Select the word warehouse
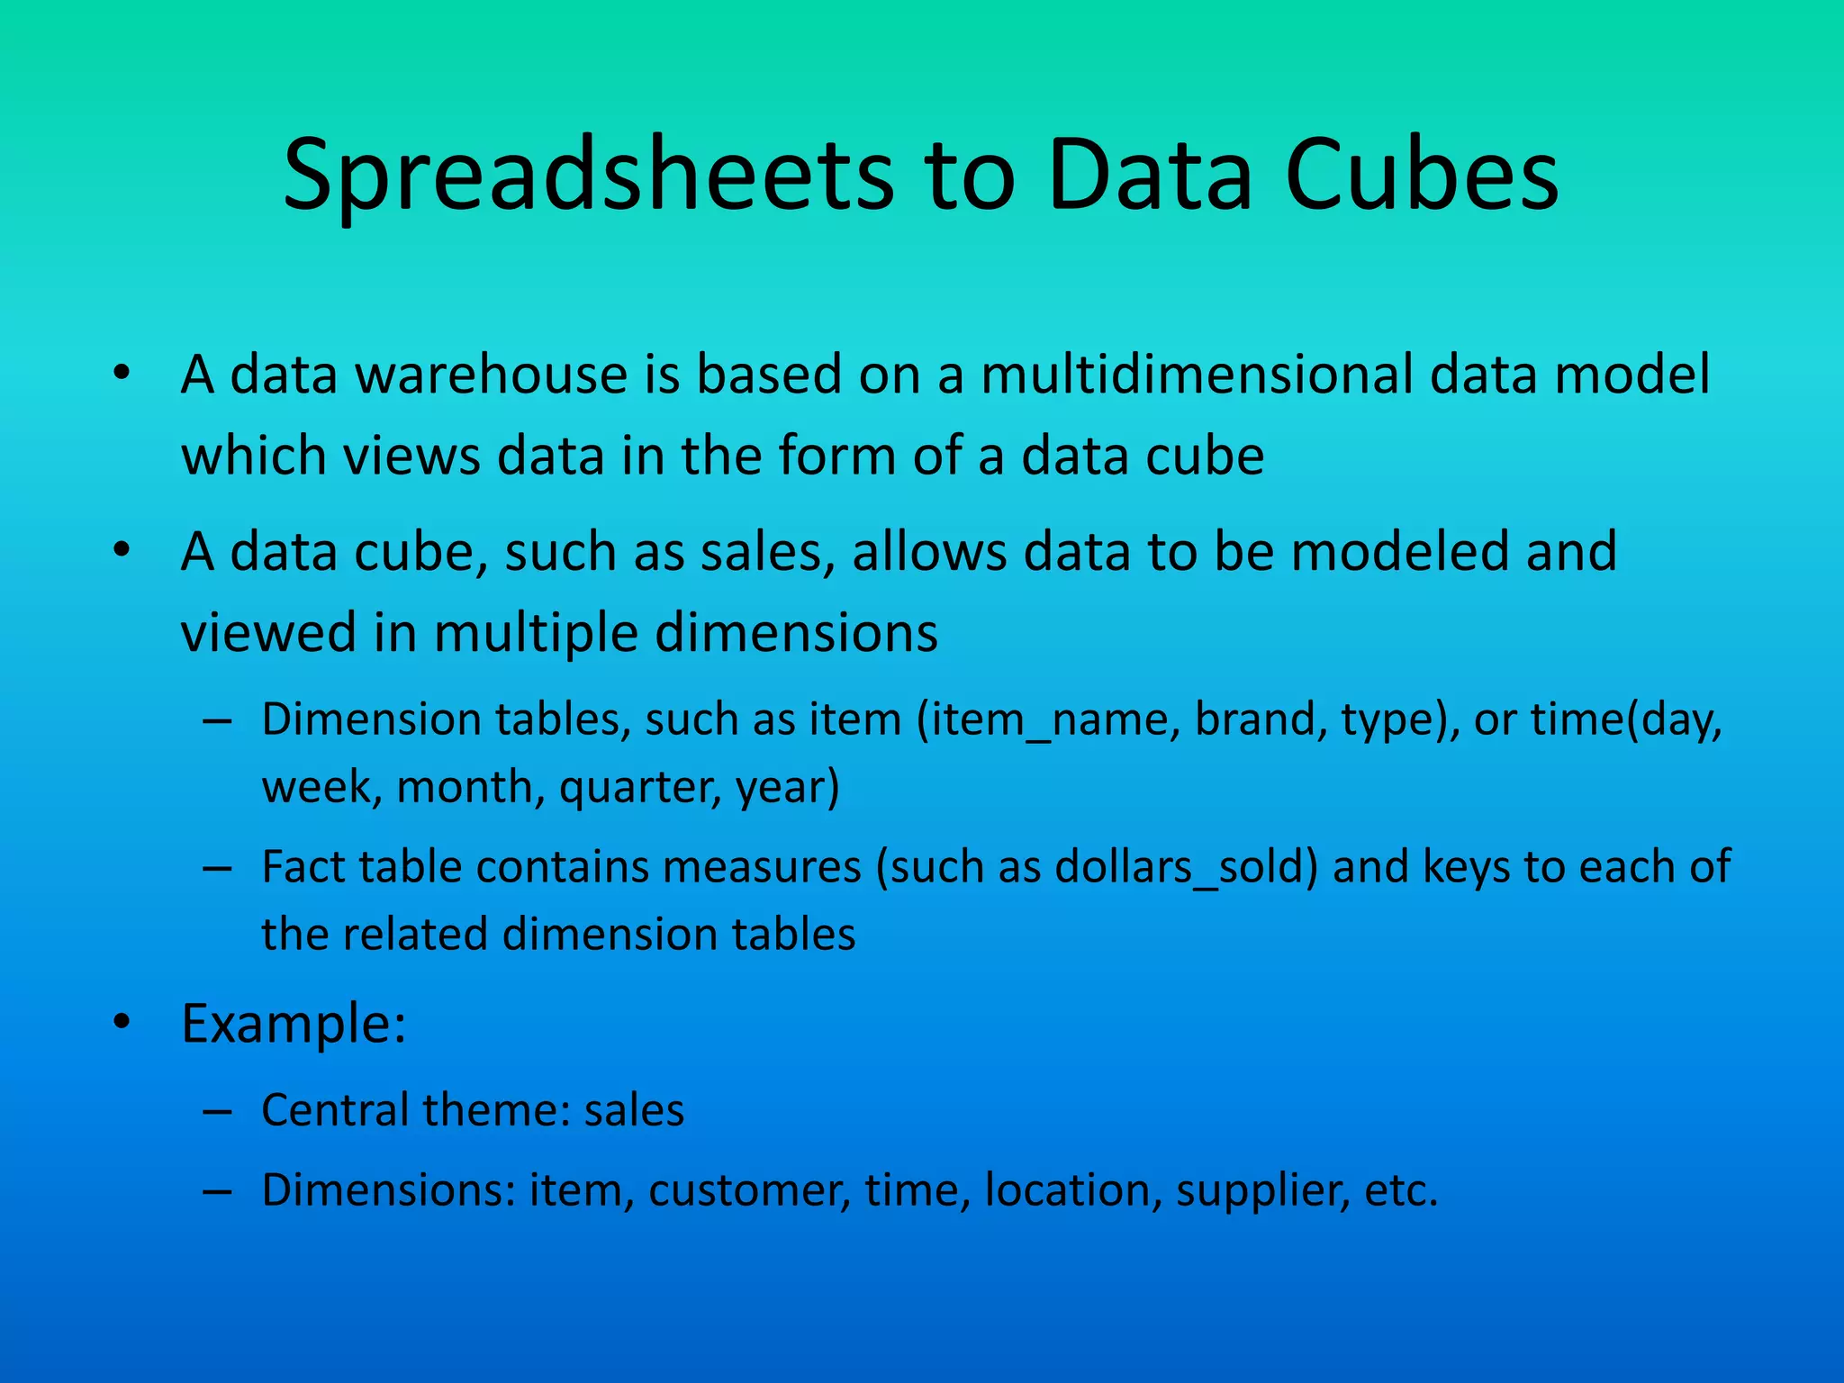(x=492, y=375)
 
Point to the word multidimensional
(x=1197, y=375)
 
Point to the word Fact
(x=302, y=867)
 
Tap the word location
(x=1068, y=1190)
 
